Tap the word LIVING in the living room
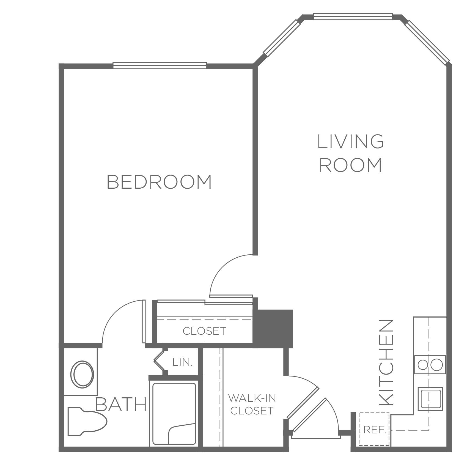(x=351, y=141)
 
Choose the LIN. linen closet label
(x=182, y=362)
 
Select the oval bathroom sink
(x=82, y=374)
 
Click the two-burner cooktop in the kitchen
(x=430, y=365)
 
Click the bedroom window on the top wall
(x=160, y=65)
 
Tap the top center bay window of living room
(x=353, y=16)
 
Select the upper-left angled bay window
(x=282, y=37)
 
